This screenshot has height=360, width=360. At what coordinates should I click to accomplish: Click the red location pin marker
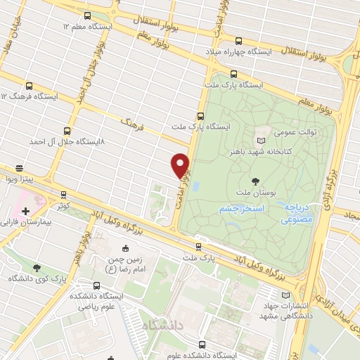181,165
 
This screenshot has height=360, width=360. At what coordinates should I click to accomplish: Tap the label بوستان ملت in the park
234,191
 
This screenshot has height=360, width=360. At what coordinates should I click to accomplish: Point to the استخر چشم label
240,209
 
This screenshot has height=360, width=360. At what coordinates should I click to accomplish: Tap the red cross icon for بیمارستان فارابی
26,210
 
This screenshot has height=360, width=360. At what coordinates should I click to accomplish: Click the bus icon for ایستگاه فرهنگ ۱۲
28,84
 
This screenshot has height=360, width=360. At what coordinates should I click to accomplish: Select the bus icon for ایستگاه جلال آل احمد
67,131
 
